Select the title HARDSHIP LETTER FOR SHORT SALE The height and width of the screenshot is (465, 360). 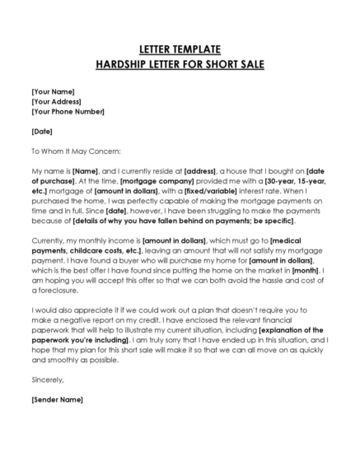180,65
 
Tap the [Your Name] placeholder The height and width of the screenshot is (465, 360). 53,91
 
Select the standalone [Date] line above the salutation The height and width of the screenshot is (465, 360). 43,130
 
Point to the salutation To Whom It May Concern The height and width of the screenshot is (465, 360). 76,151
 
